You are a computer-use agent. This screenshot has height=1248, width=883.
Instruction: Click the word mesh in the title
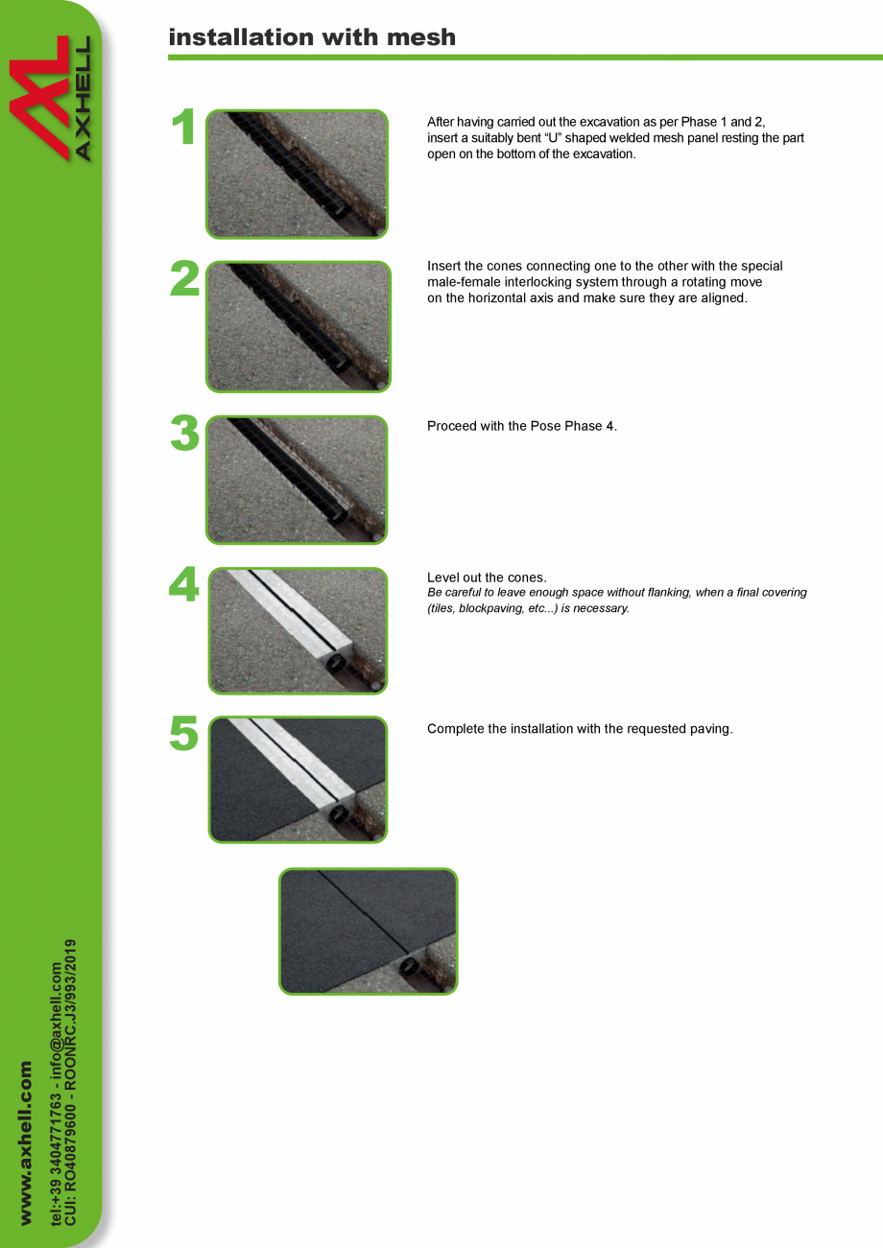click(421, 37)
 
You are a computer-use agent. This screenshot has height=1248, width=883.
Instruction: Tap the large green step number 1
click(184, 127)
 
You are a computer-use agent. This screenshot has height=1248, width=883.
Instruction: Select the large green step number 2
click(184, 277)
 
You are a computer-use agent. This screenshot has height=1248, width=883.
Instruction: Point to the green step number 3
click(184, 433)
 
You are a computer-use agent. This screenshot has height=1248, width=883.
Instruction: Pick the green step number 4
click(184, 584)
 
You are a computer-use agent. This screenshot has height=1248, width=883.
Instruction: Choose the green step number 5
click(184, 733)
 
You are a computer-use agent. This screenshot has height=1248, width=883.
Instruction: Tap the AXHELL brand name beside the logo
click(82, 99)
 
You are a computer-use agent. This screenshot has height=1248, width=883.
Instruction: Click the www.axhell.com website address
click(26, 1142)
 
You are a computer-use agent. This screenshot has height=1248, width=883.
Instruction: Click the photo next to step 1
click(298, 175)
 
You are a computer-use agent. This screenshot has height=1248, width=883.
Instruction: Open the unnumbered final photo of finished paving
click(368, 931)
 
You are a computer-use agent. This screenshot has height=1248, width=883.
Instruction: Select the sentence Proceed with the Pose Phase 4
click(522, 426)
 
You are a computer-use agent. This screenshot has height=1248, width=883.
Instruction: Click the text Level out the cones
click(487, 577)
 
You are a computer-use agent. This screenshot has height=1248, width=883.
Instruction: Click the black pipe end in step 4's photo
click(336, 664)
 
